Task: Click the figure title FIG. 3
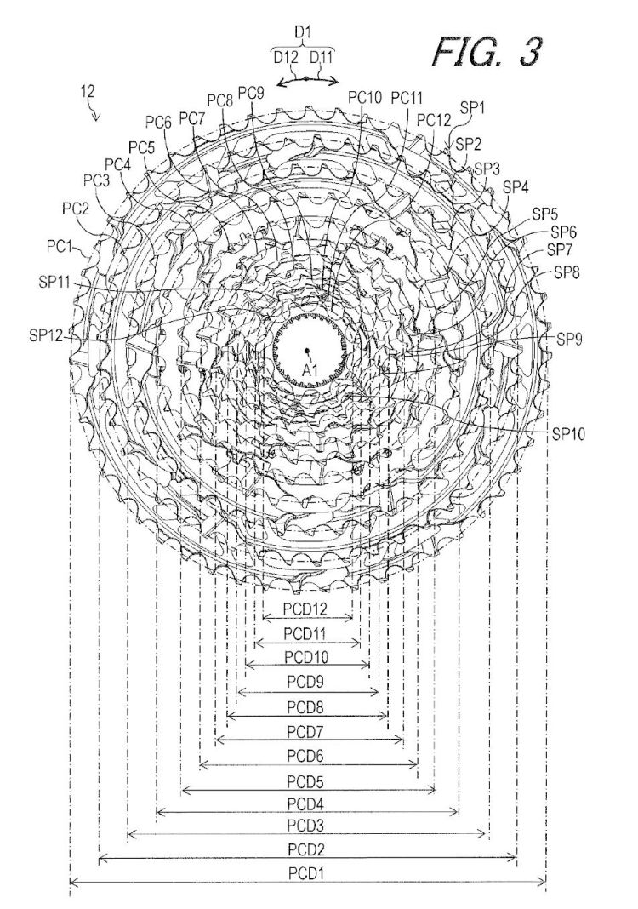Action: click(487, 51)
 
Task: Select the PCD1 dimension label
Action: click(307, 873)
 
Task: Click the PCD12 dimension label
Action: click(305, 609)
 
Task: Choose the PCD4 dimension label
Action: click(307, 804)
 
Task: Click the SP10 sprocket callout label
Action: click(568, 434)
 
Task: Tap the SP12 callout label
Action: click(47, 335)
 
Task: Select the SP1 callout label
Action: click(472, 108)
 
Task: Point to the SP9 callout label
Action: click(570, 339)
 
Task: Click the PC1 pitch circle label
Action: click(60, 246)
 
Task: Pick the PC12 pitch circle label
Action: click(434, 120)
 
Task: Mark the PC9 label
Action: click(251, 93)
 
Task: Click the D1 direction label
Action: click(303, 32)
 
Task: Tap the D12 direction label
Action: click(286, 57)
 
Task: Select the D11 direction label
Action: click(322, 57)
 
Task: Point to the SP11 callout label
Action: click(54, 283)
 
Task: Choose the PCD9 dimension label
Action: click(305, 682)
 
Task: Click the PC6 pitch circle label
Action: click(159, 122)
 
